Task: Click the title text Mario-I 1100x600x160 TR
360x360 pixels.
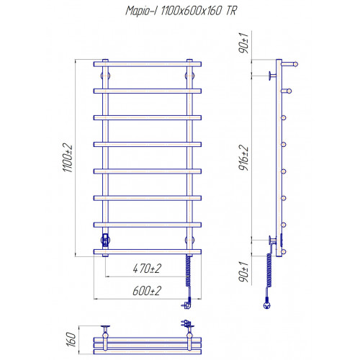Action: [181, 11]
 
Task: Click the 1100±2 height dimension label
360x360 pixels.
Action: [68, 158]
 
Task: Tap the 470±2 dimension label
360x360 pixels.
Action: [147, 269]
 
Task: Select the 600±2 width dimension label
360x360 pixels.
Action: [147, 291]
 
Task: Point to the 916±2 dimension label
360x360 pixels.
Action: [243, 158]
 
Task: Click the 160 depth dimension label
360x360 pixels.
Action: [71, 339]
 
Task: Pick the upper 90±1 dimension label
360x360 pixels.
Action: [243, 43]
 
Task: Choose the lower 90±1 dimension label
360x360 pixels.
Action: [243, 272]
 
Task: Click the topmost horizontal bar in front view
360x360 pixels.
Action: [148, 64]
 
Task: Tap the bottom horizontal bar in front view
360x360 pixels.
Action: [148, 251]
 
